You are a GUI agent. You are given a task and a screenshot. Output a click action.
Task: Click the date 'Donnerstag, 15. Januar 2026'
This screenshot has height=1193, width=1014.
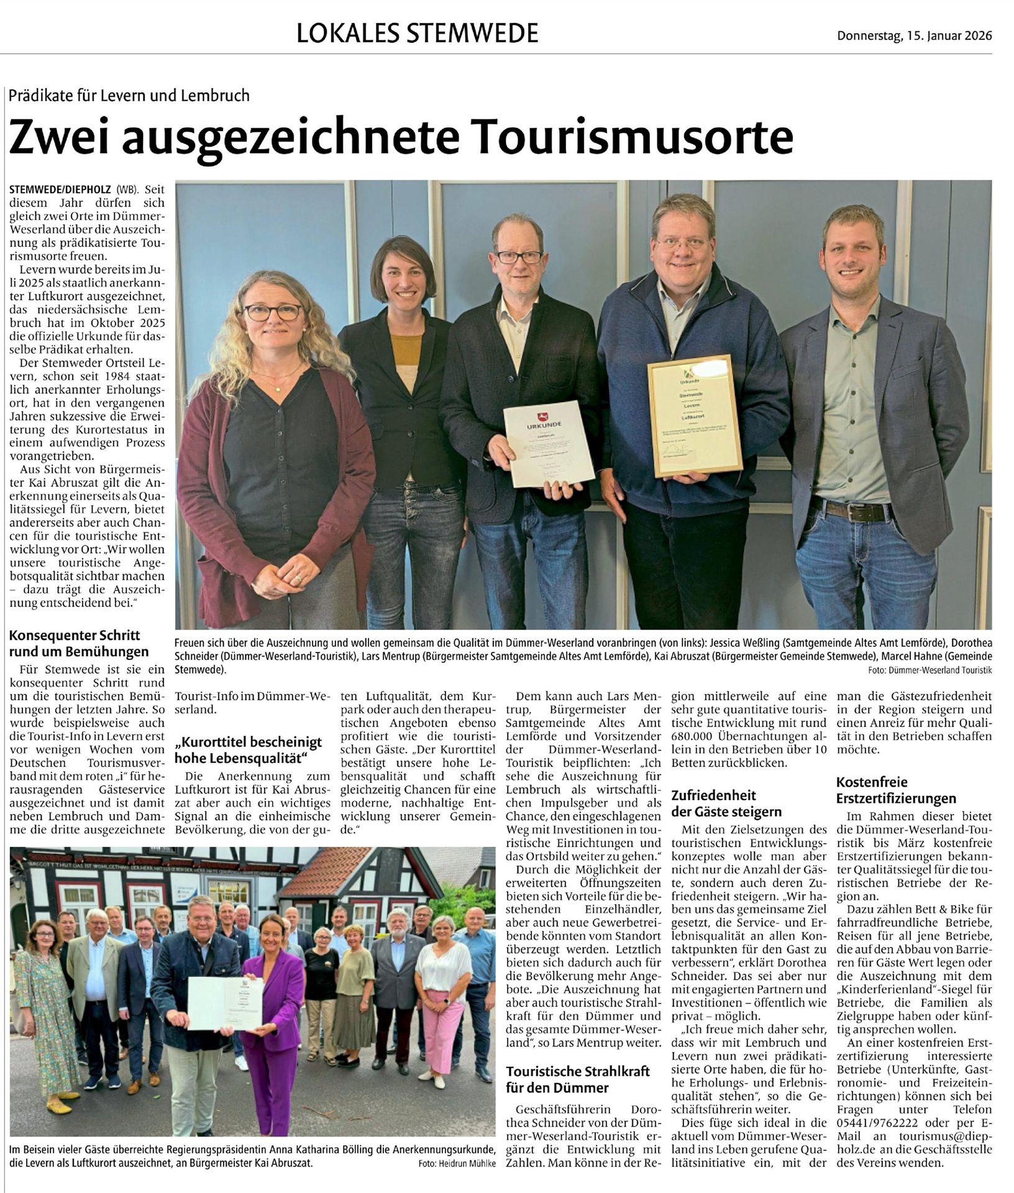tap(914, 35)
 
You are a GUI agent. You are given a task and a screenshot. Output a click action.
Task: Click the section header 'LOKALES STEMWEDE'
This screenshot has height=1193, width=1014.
tap(417, 33)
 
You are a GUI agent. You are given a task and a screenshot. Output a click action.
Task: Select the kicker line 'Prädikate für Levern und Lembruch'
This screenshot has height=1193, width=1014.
tap(129, 96)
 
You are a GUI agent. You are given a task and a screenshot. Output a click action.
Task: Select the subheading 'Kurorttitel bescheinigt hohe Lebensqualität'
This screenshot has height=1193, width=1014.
tap(249, 749)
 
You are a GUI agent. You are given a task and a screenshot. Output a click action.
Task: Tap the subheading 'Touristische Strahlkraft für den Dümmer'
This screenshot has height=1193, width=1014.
tap(578, 1079)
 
